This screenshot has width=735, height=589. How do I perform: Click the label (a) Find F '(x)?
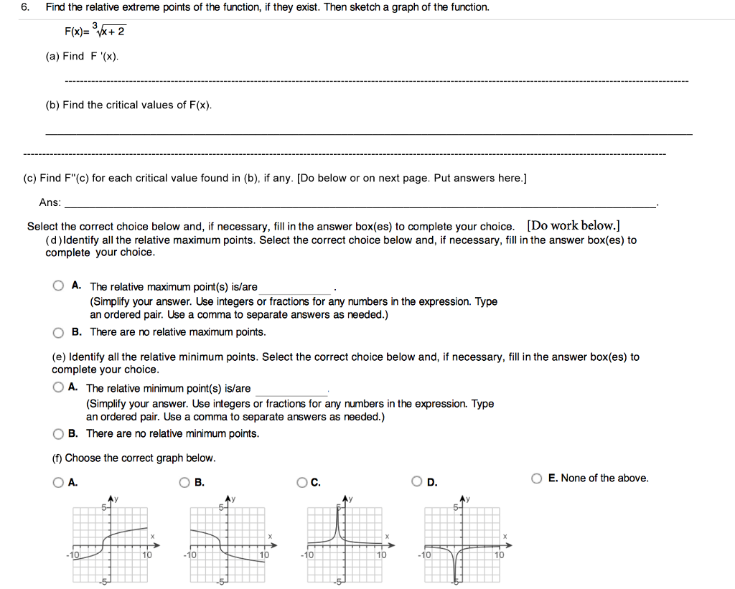tap(83, 56)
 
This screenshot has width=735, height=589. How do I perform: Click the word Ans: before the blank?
tap(50, 203)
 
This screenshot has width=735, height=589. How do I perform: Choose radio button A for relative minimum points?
tap(57, 387)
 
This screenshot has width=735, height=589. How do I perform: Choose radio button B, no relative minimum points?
tap(57, 433)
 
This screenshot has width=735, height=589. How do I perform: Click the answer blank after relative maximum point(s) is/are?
tap(297, 287)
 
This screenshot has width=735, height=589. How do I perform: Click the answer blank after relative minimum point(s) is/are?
tap(291, 389)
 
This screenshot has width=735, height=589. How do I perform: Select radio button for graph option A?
tap(57, 483)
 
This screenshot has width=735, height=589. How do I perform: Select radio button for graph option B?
tap(185, 483)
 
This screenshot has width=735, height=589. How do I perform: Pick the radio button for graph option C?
tap(302, 483)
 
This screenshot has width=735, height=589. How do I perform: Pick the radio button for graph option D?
tap(418, 483)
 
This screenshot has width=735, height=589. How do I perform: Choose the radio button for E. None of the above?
tap(537, 478)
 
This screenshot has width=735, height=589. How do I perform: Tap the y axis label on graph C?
tap(353, 499)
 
